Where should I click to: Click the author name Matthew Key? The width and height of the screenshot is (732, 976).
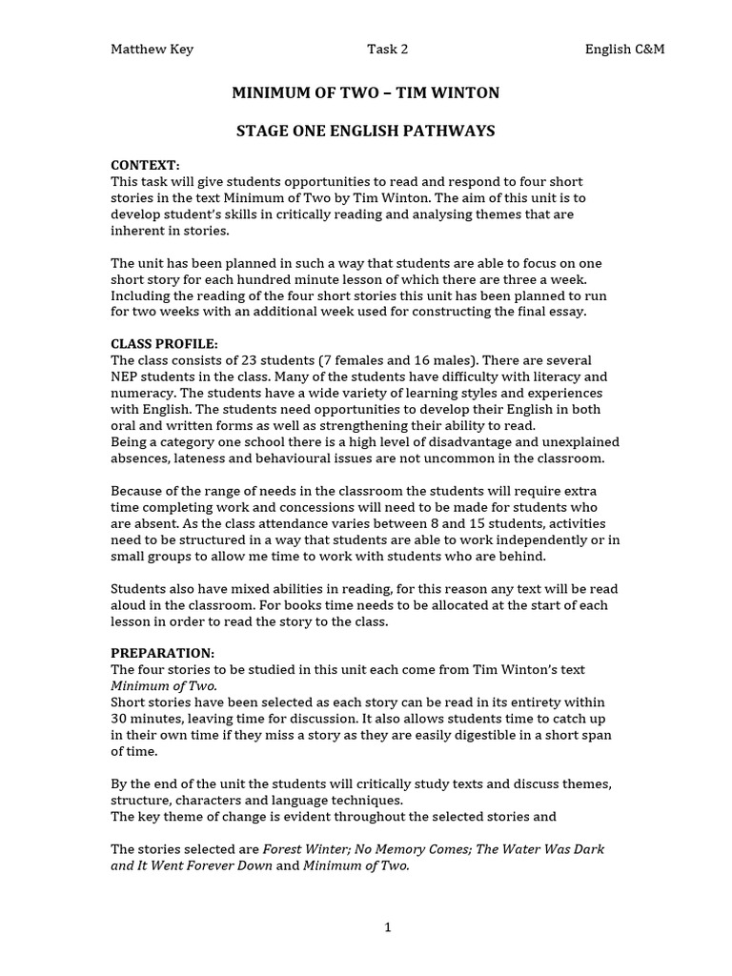pos(152,50)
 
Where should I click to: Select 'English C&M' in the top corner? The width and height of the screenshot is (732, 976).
pos(624,50)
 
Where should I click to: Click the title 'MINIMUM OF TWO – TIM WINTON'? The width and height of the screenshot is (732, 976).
pos(366,92)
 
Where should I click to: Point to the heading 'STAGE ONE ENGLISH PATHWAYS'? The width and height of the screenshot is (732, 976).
pos(366,131)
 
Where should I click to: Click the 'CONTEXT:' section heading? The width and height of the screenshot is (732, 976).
pos(145,165)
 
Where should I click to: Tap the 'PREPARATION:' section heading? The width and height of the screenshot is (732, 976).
pos(163,653)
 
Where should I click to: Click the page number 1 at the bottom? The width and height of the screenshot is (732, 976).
pos(388,927)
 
